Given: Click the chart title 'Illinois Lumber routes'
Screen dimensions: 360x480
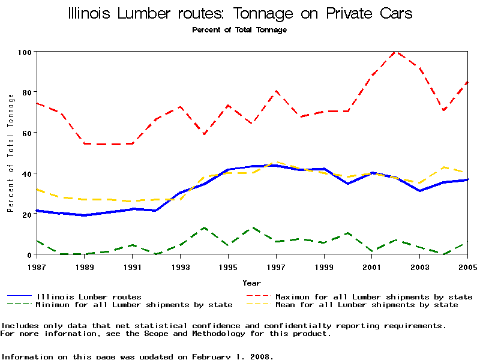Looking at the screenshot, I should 240,13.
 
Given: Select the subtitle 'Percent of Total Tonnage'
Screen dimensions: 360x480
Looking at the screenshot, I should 239,29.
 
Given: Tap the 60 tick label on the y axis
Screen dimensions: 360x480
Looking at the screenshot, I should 26,133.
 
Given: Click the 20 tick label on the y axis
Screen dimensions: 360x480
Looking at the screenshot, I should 26,214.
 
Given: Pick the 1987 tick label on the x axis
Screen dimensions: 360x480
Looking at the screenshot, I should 37,265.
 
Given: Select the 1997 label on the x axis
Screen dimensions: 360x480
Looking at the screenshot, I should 276,265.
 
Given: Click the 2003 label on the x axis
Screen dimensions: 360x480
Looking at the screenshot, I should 419,265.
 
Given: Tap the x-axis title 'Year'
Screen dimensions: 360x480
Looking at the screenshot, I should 251,283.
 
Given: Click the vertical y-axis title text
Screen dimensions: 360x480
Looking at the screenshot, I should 10,153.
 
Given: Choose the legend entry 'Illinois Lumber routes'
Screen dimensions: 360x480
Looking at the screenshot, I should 89,296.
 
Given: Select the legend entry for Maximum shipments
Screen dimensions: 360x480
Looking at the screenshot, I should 373,296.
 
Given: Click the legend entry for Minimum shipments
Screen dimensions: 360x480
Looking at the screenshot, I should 134,305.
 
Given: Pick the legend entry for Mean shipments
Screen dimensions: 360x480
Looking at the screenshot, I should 366,305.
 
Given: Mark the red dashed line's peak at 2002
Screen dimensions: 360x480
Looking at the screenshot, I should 395,52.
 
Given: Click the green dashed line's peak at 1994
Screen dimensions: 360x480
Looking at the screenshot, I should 204,228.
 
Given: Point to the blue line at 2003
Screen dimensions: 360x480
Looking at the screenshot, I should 419,191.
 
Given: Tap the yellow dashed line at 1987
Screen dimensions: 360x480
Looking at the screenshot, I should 37,189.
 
